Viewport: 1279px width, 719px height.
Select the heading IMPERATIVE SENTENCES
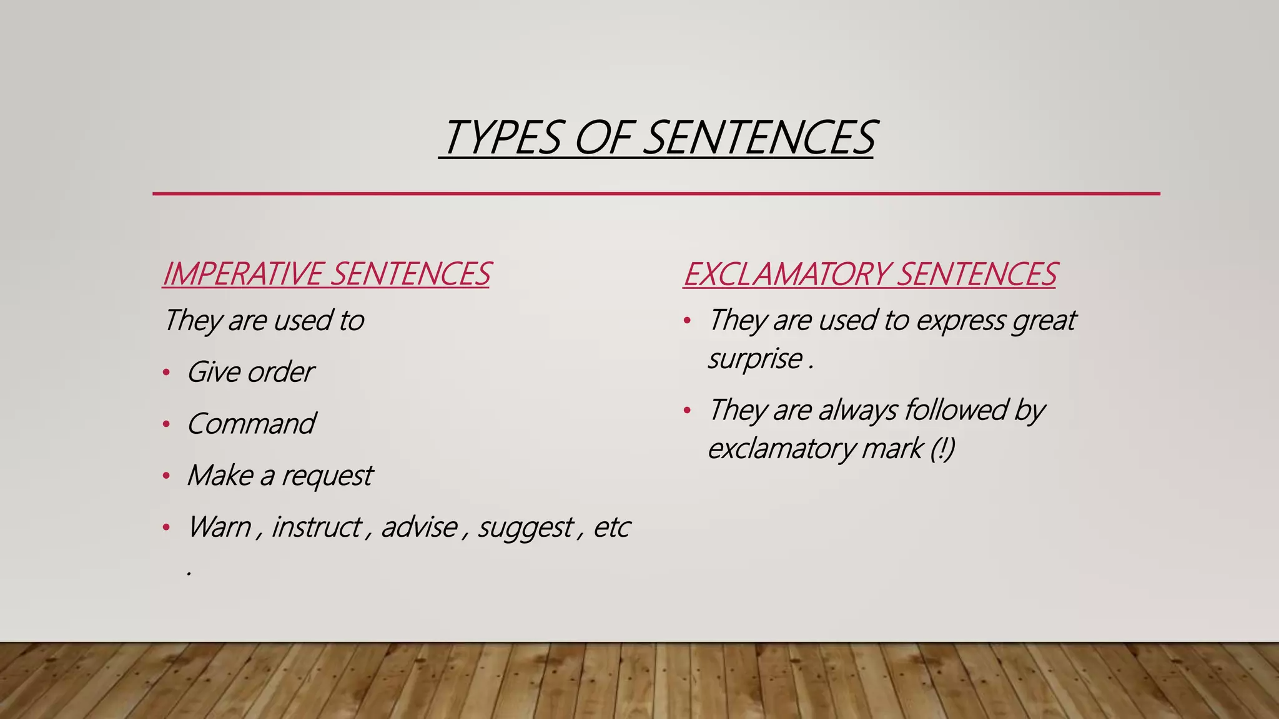pos(326,274)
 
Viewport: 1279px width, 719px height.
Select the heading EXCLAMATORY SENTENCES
pos(869,274)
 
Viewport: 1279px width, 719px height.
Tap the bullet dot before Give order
pos(166,373)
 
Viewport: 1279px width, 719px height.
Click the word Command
pos(251,424)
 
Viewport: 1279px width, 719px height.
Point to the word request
pos(327,476)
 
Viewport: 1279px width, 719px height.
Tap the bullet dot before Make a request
pos(166,477)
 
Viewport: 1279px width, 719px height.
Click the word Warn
pos(219,527)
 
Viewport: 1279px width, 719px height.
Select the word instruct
pos(317,527)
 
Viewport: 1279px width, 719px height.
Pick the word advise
pos(419,527)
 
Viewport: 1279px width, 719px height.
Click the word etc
pos(611,527)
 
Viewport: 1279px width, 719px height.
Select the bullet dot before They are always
pos(687,411)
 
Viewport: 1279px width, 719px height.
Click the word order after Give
pos(280,373)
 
